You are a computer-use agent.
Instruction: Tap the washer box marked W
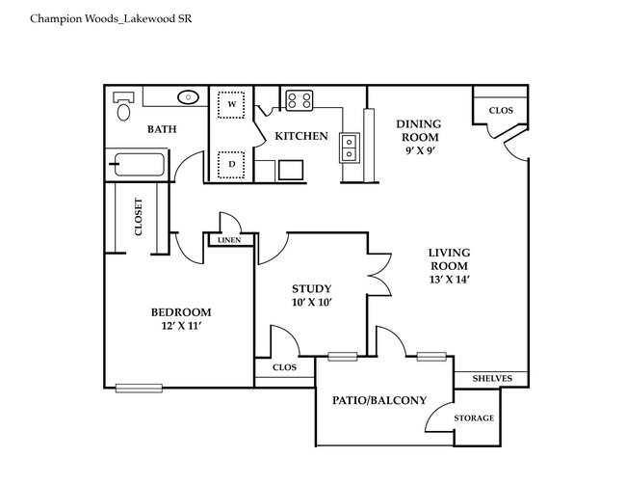[232, 103]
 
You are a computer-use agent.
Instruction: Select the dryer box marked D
[232, 164]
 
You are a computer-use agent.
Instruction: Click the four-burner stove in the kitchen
[300, 99]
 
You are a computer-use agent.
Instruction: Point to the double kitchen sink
[349, 148]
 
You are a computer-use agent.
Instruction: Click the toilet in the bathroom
[123, 106]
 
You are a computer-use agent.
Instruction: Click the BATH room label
[161, 128]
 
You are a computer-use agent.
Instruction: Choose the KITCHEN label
[301, 136]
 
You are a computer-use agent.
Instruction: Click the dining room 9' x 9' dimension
[419, 152]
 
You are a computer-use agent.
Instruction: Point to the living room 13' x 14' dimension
[448, 280]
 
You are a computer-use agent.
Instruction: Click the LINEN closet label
[229, 239]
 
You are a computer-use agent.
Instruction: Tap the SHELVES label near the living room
[490, 378]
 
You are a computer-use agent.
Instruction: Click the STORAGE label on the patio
[473, 417]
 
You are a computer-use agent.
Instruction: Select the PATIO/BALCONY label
[379, 399]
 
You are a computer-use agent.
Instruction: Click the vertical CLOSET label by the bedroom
[139, 218]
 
